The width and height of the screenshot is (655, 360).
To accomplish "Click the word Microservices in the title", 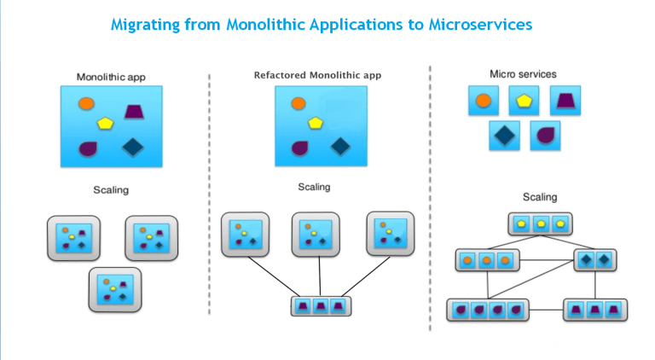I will point(476,24).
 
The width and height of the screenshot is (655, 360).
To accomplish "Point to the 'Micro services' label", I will point(523,74).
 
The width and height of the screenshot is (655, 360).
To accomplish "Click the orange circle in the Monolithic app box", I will point(85,104).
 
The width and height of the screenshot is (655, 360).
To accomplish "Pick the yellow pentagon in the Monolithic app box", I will point(106,123).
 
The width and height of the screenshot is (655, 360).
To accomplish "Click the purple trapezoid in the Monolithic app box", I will point(134,111).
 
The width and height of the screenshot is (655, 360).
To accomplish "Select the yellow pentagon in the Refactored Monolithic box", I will point(316,123).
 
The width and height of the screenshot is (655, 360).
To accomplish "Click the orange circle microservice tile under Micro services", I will point(483,102).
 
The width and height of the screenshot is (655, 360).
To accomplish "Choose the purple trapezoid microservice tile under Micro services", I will point(564,102).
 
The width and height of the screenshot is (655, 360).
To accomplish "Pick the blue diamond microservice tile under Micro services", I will point(505,135).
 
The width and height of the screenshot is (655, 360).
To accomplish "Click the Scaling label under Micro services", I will point(540,197).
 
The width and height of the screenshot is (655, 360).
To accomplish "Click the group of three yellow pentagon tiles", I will point(540,224).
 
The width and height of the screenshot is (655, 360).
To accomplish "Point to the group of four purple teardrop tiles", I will point(489,309).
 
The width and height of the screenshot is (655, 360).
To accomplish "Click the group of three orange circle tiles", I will point(487,259).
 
